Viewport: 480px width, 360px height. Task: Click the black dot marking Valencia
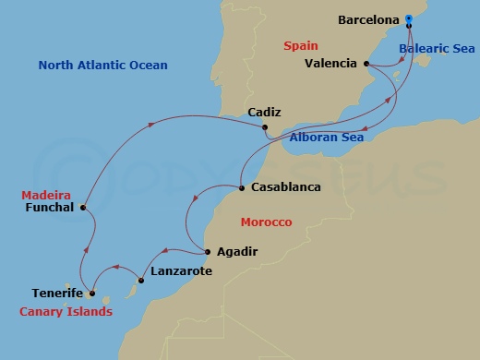367,64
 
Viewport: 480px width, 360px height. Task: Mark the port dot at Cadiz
265,127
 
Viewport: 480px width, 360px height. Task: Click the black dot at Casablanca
242,187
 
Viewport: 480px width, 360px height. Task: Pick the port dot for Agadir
207,251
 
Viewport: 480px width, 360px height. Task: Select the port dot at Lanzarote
140,280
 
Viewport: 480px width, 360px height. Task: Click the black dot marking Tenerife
92,294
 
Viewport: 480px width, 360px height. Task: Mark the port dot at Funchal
83,208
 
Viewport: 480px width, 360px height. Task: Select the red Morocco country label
266,222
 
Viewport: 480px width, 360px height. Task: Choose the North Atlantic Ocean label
103,66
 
